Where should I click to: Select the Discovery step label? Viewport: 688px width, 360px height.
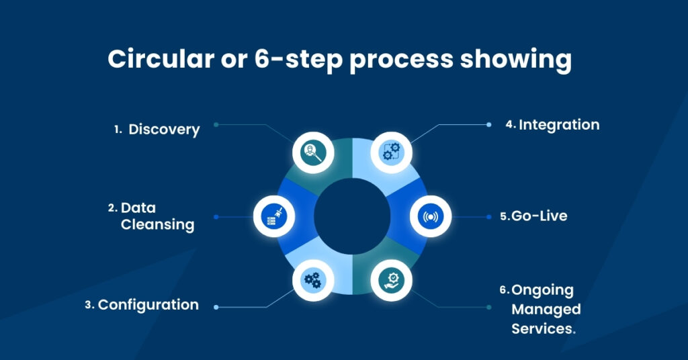pos(164,130)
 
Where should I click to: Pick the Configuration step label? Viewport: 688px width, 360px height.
pos(148,305)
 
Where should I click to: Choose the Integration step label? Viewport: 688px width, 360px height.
pos(559,125)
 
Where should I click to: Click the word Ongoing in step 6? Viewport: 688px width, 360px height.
pos(543,290)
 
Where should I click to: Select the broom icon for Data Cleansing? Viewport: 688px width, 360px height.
pos(274,216)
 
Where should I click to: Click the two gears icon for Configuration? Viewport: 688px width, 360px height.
pos(313,279)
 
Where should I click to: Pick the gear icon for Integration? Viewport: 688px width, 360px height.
pos(391,150)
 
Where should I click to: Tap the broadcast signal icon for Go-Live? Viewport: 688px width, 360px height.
pos(430,216)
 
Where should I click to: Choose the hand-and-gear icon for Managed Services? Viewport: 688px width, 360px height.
pos(391,279)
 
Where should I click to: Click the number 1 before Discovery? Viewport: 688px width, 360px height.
pos(117,130)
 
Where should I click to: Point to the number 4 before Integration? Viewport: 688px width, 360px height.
pos(509,125)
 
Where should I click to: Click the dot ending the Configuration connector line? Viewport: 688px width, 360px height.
pos(216,307)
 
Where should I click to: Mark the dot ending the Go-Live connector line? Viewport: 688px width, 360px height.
pos(489,217)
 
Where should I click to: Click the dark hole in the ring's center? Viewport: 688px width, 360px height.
pos(352,216)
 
